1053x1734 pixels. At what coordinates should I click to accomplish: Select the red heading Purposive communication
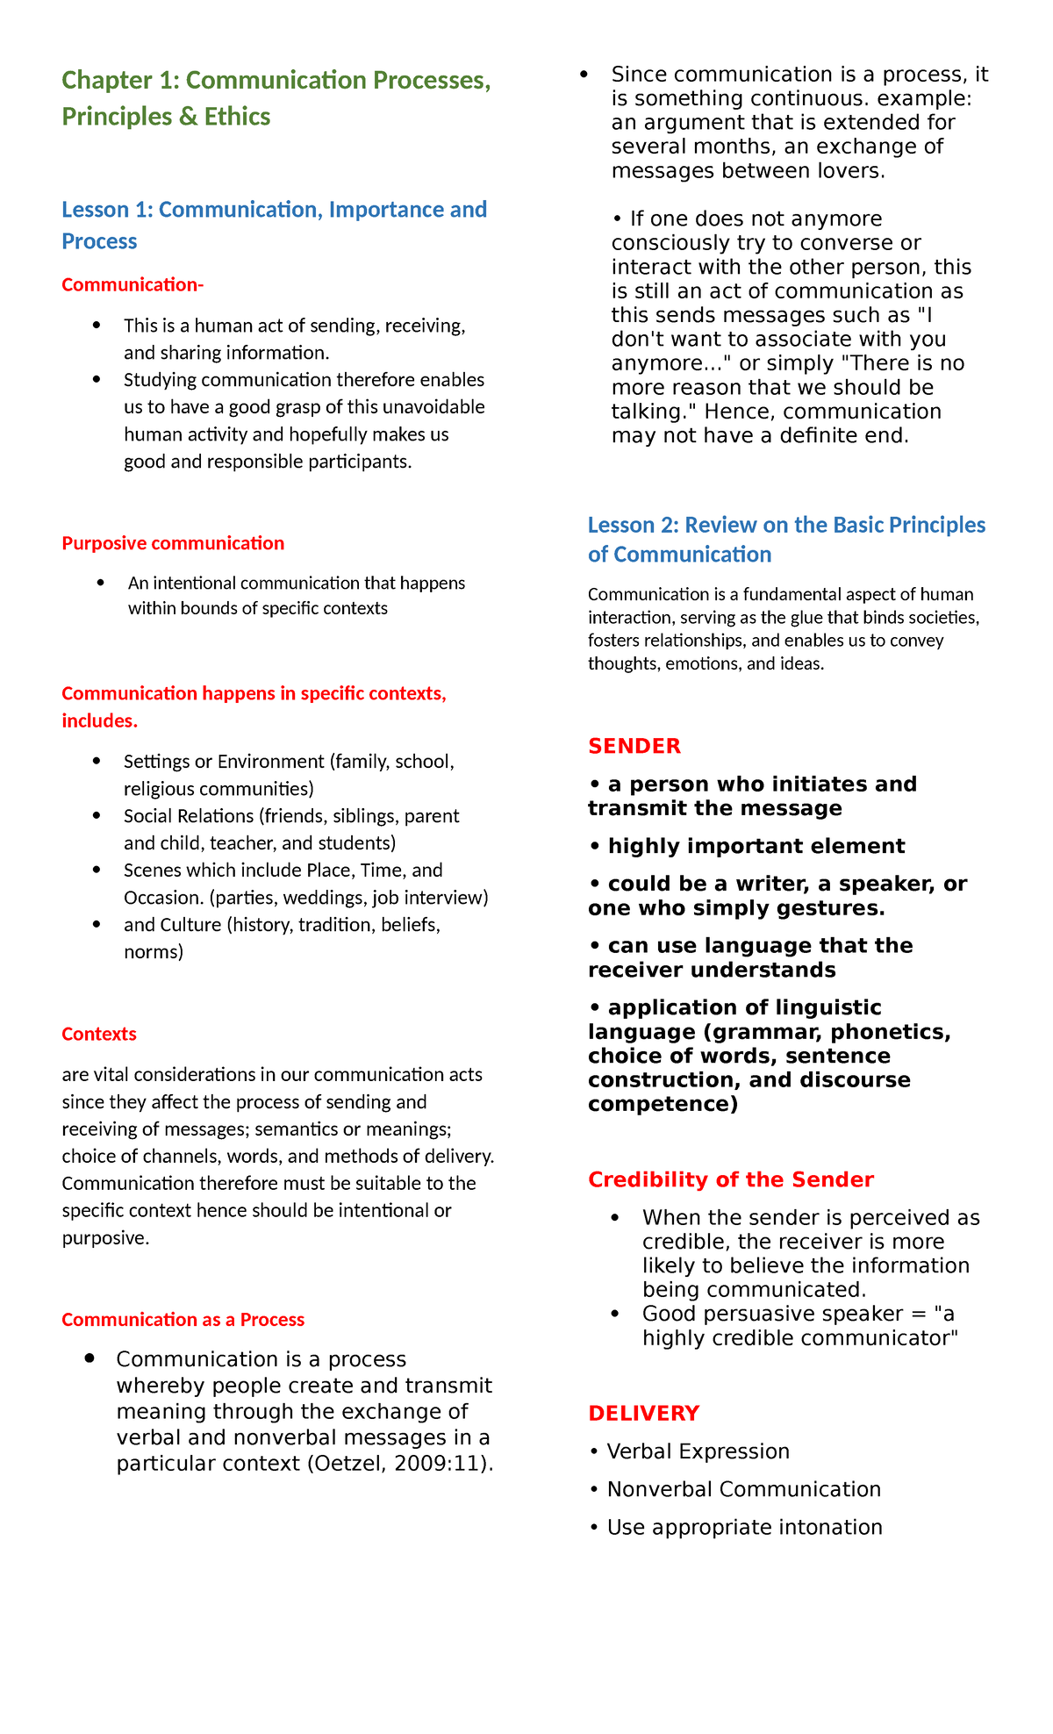tap(173, 543)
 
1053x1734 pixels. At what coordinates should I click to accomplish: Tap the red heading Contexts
tap(99, 1034)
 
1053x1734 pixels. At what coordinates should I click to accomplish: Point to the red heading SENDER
tap(634, 746)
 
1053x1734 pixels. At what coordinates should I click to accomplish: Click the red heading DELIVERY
tap(643, 1413)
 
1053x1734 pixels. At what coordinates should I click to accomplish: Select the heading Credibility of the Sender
tap(730, 1179)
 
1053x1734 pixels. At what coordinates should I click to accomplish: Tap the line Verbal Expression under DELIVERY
tap(698, 1451)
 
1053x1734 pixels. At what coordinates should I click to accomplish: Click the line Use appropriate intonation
tap(744, 1527)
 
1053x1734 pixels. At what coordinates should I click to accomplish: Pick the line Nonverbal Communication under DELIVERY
tap(743, 1489)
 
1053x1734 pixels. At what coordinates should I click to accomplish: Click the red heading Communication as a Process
tap(183, 1320)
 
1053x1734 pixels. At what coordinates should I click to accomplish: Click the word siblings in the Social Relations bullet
tap(362, 816)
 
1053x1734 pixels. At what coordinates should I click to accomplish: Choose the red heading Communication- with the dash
tap(133, 284)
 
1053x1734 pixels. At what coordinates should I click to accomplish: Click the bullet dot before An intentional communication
tap(102, 582)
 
